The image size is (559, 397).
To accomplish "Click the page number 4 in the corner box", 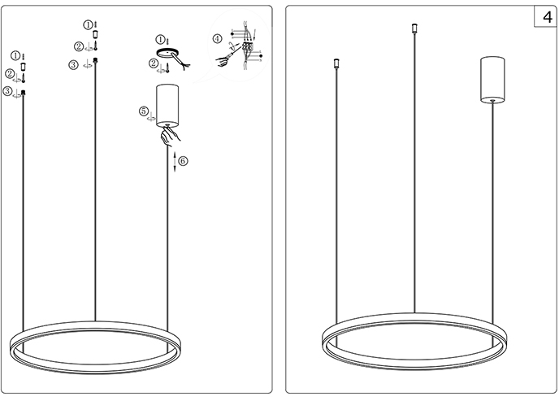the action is pos(548,17).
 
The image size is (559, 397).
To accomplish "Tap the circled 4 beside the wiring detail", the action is pos(218,38).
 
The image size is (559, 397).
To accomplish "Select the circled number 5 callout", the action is pos(144,111).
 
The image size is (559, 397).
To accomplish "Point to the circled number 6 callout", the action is pos(183,161).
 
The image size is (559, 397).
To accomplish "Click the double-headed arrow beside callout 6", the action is pos(175,162).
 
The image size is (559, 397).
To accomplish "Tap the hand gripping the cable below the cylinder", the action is pos(170,137).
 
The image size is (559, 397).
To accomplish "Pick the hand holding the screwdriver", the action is pos(223,61).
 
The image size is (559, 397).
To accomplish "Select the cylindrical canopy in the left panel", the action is pos(167,106).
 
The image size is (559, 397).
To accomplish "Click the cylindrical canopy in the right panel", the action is pos(492,80).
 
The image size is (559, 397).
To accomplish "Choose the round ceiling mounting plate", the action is pos(167,53).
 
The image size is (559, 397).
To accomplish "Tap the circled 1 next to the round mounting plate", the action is pos(160,39).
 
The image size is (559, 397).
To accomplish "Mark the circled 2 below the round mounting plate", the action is pos(154,63).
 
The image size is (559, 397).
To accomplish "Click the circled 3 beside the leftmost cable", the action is pos(7,91).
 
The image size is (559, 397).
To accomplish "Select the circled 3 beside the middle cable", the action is pos(73,65).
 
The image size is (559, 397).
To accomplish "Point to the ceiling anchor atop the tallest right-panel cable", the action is pos(414,28).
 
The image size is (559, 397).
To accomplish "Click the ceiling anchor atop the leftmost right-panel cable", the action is pos(336,63).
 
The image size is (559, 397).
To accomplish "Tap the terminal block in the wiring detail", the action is pos(247,46).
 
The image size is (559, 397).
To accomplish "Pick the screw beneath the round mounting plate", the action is pos(167,68).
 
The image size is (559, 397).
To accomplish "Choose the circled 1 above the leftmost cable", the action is pos(15,55).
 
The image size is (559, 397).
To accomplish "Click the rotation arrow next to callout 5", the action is pos(152,117).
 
